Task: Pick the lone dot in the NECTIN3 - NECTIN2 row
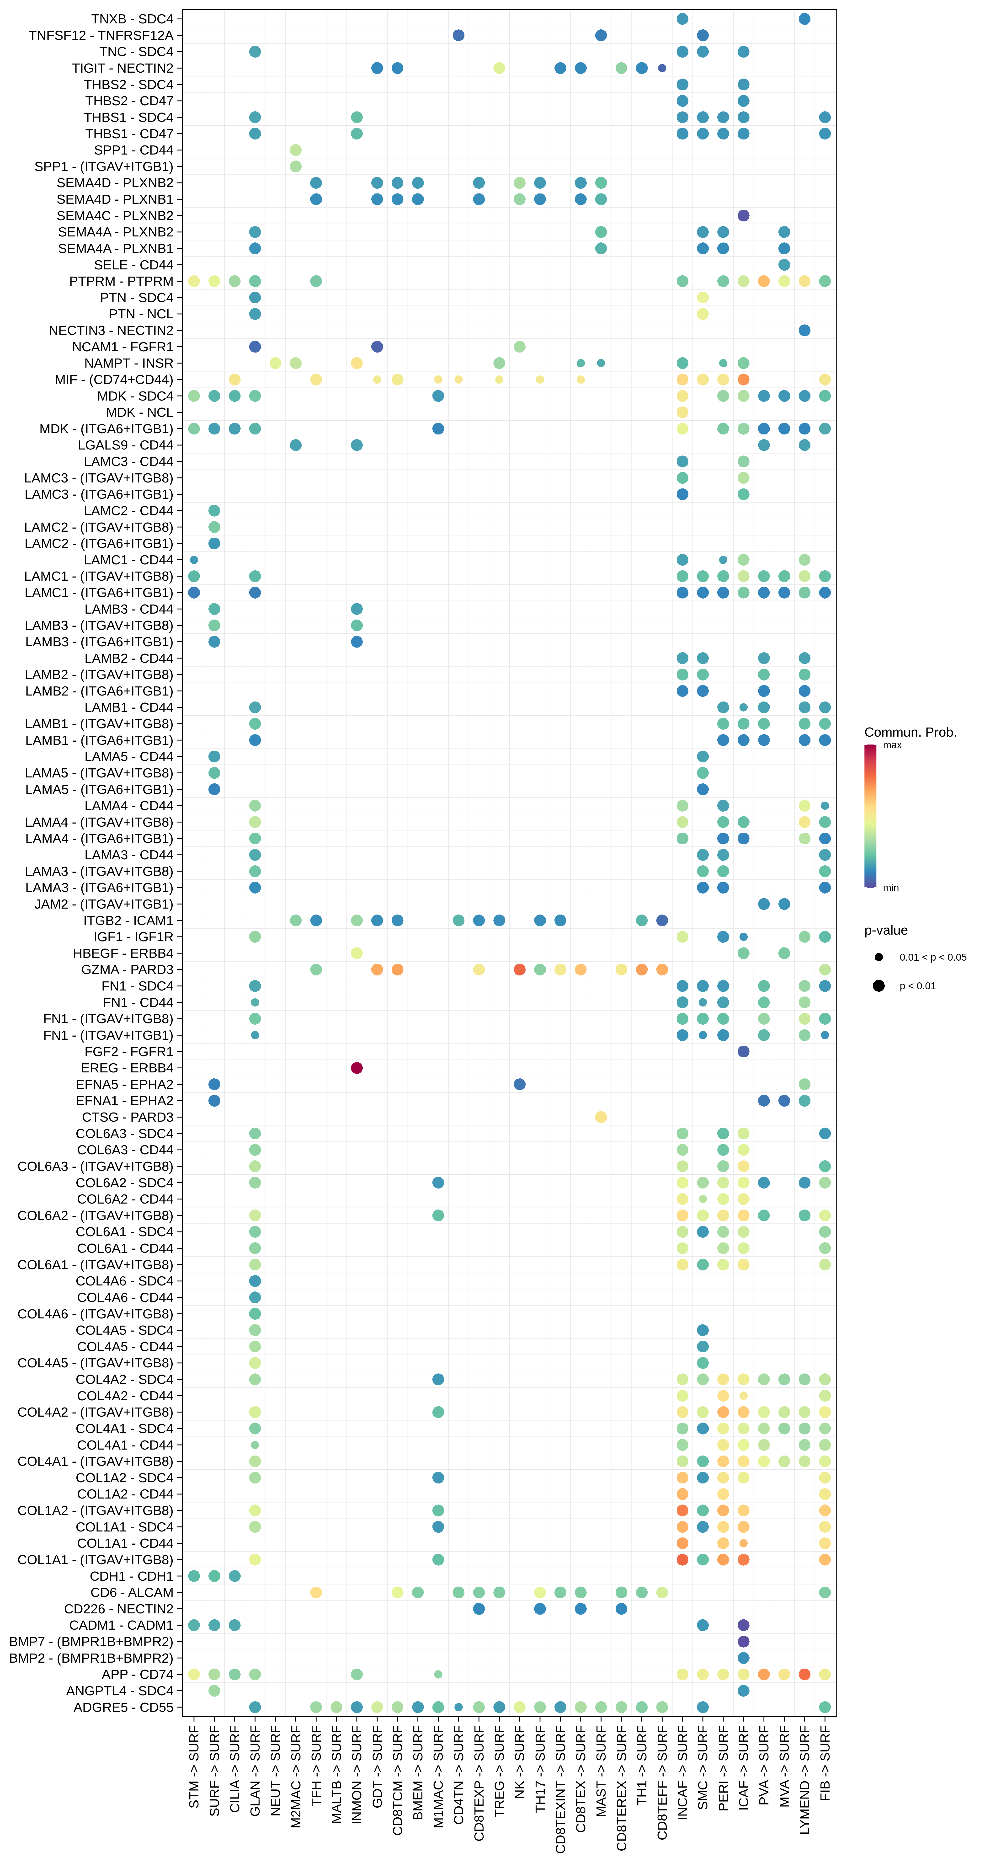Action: point(804,331)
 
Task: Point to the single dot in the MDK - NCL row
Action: point(682,412)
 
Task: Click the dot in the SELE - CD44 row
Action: point(784,265)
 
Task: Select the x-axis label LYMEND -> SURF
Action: point(804,1779)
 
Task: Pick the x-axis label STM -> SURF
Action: point(194,1767)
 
